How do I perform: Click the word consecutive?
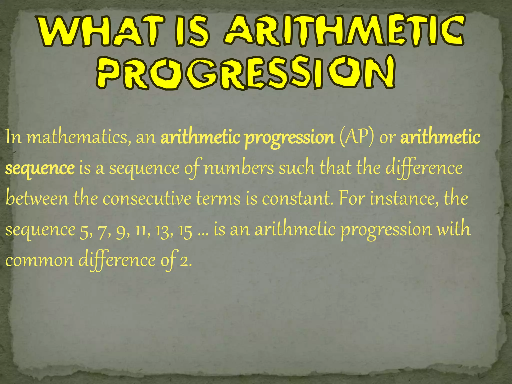pyautogui.click(x=147, y=199)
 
